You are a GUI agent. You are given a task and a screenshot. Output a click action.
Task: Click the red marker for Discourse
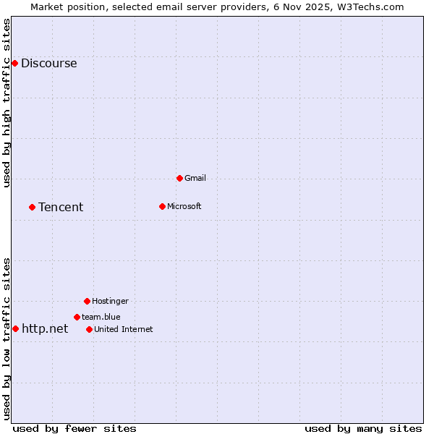click(14, 64)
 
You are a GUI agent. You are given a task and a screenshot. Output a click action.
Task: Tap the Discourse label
click(48, 64)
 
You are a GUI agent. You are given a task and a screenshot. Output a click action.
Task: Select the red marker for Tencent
click(32, 208)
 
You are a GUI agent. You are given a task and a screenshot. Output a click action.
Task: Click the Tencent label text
click(61, 208)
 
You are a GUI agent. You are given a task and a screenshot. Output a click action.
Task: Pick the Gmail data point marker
click(179, 178)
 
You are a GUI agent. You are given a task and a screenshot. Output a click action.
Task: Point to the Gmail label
click(195, 178)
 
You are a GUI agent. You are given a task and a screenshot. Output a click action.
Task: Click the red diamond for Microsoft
click(162, 207)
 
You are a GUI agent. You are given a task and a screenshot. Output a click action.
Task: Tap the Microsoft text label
click(184, 207)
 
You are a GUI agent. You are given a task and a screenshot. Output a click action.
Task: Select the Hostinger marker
click(87, 301)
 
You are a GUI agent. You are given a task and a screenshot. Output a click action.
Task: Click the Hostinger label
click(110, 301)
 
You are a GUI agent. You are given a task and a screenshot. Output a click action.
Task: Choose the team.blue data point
click(77, 317)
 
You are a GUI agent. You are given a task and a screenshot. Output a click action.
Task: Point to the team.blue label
click(101, 317)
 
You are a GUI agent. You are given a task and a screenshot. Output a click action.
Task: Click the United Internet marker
click(89, 330)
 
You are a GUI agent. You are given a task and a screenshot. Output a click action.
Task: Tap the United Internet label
click(123, 330)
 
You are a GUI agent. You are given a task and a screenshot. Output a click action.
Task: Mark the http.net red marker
click(15, 329)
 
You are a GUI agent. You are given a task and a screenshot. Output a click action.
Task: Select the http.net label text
click(45, 329)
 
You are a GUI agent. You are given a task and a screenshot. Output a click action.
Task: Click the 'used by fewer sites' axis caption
click(75, 429)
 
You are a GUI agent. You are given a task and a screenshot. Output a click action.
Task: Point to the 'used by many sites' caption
click(362, 429)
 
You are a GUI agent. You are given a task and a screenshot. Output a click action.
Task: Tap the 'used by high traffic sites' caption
click(7, 103)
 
